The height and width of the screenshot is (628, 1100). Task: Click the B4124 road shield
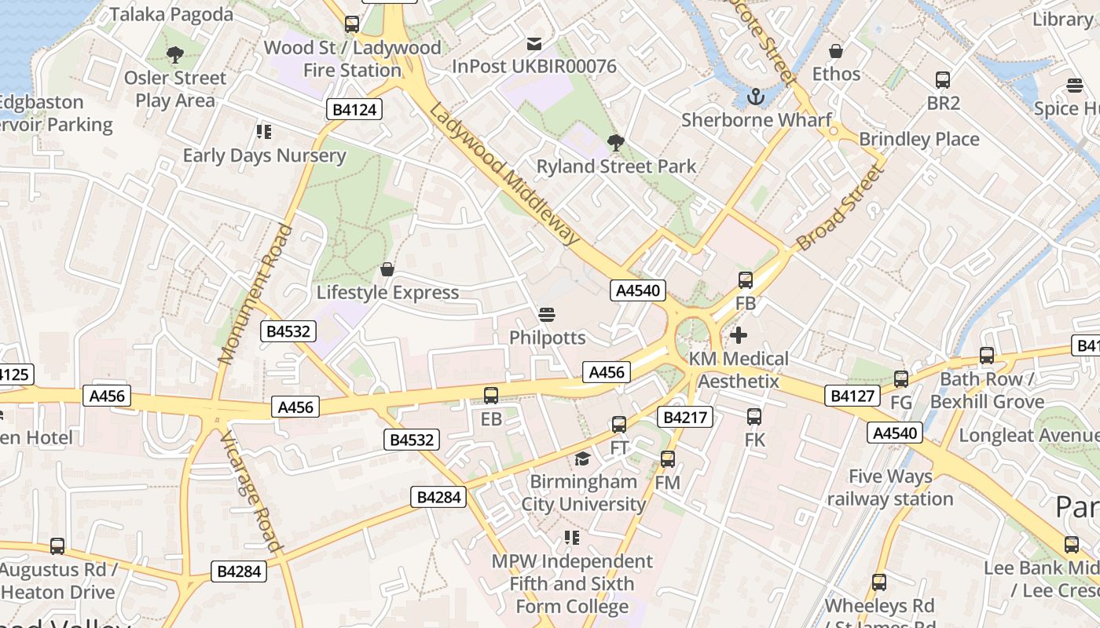(354, 110)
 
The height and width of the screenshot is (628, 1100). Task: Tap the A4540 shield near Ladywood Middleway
(638, 290)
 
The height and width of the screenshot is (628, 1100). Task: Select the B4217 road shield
(687, 418)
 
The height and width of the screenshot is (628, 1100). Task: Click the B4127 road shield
(852, 396)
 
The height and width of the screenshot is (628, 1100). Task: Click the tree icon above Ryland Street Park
(616, 143)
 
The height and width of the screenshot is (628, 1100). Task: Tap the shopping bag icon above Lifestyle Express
(387, 269)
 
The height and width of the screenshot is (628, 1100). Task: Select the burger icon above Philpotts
(547, 315)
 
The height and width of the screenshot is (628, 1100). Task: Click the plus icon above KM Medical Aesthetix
(739, 335)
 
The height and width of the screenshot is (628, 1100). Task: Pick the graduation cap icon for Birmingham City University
(582, 458)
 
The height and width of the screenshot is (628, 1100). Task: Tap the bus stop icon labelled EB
(491, 396)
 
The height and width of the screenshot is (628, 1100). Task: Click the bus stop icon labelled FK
(754, 417)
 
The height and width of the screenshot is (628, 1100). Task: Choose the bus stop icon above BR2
(943, 80)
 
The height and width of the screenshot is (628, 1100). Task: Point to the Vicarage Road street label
(249, 491)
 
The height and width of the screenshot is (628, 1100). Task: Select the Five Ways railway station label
(889, 487)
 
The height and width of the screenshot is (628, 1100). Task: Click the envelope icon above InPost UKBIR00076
(534, 43)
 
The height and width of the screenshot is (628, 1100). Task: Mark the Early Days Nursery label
(264, 155)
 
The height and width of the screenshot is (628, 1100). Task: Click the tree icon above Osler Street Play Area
(174, 54)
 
